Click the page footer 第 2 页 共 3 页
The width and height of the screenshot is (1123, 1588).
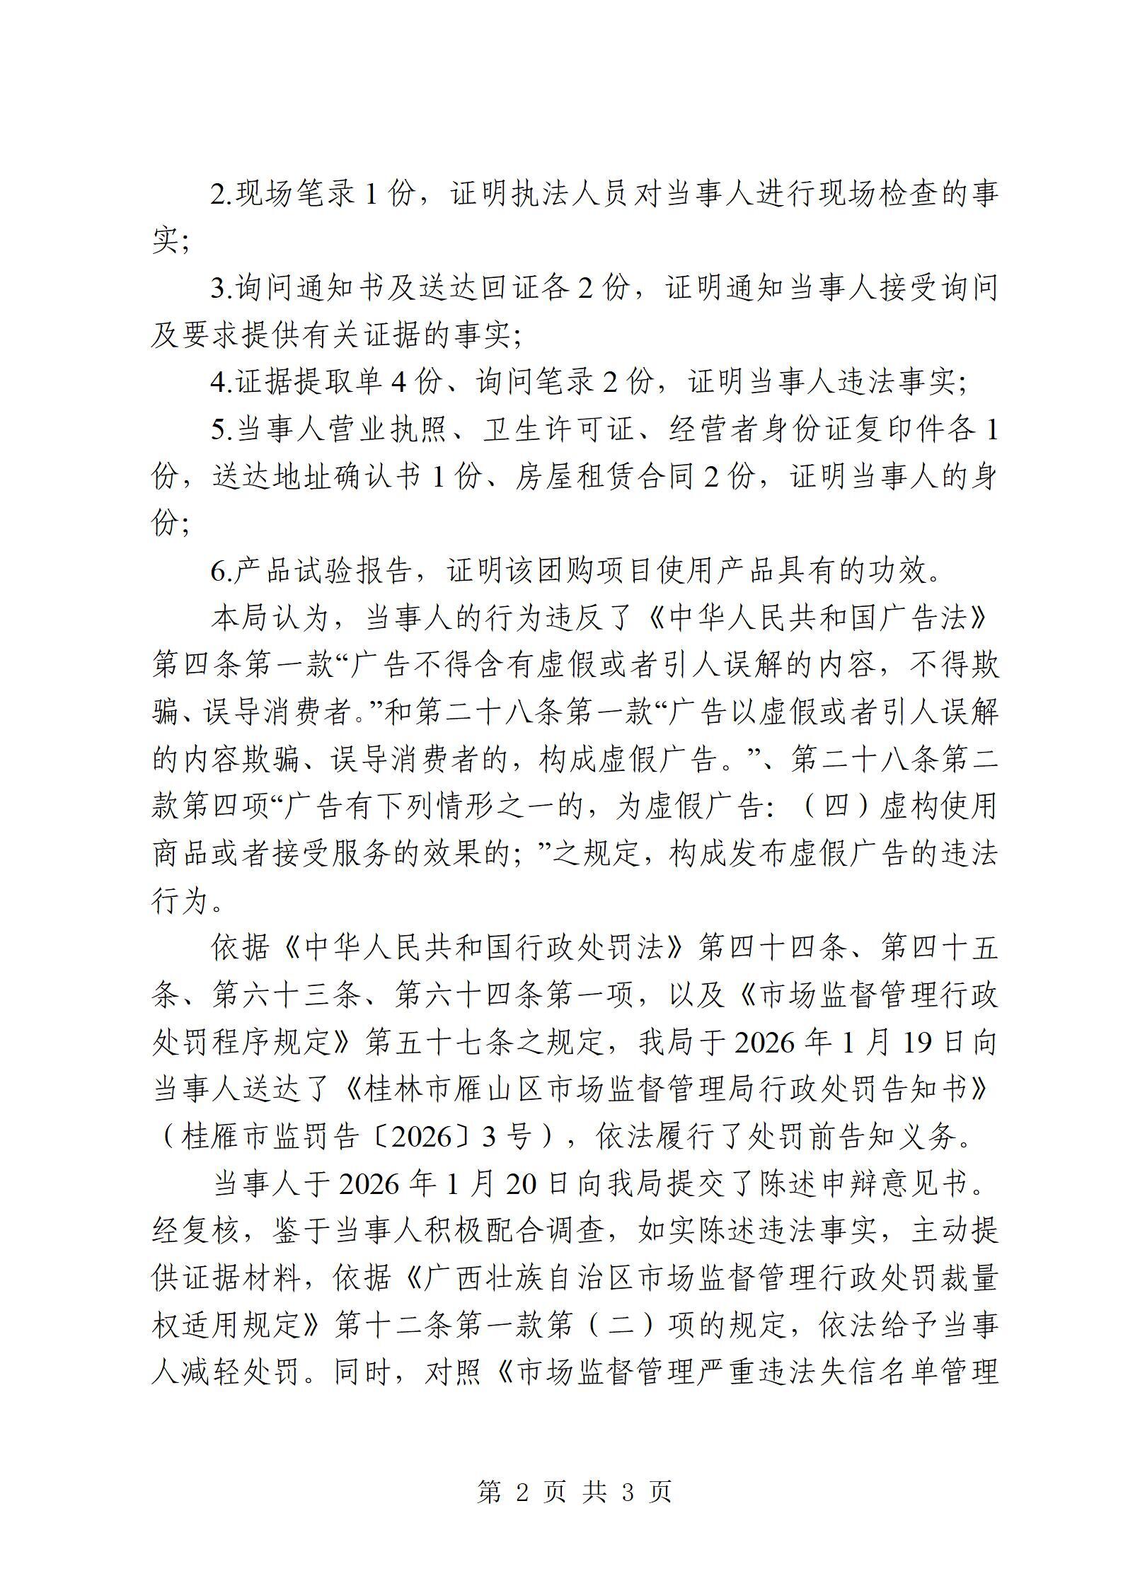coord(574,1492)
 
